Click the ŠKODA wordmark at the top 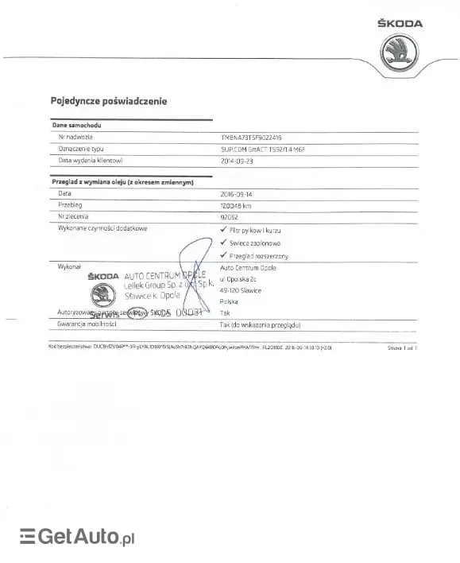coord(400,25)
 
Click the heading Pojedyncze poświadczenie coord(108,102)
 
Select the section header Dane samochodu coord(76,126)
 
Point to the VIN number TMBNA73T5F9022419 coord(257,138)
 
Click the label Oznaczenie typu coord(81,149)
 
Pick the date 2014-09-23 coord(238,160)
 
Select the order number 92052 coord(231,215)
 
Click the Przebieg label coord(72,204)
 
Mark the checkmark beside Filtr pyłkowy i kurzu coord(223,228)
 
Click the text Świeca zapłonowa coord(254,242)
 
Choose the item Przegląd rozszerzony coord(258,255)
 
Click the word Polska coord(229,302)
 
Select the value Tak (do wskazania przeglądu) coord(259,325)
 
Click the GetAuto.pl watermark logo coord(76,538)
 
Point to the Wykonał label coord(70,267)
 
